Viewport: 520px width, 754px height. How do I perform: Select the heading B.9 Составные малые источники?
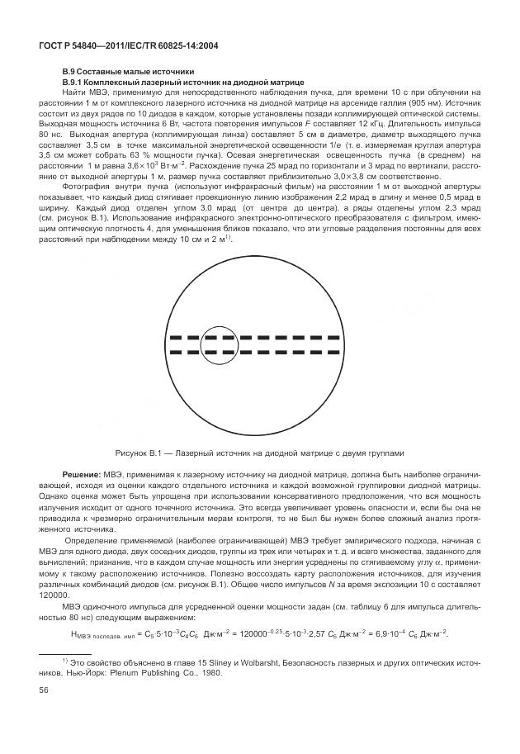pyautogui.click(x=127, y=73)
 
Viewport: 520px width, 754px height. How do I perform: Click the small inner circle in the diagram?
pyautogui.click(x=219, y=345)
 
